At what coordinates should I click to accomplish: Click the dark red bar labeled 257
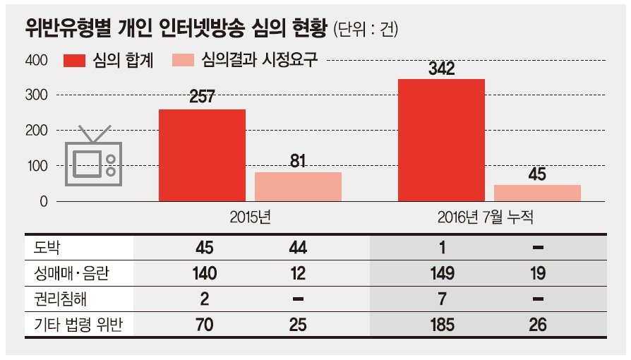pyautogui.click(x=202, y=155)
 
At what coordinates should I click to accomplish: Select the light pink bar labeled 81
pyautogui.click(x=298, y=187)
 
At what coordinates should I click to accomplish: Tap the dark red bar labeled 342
pyautogui.click(x=441, y=140)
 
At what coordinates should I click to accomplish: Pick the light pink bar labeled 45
pyautogui.click(x=537, y=193)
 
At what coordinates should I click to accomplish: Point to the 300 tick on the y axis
pyautogui.click(x=36, y=95)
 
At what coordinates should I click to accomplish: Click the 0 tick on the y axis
pyautogui.click(x=44, y=201)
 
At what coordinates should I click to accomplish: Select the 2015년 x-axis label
pyautogui.click(x=251, y=217)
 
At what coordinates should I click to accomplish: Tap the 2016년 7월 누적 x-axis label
pyautogui.click(x=486, y=217)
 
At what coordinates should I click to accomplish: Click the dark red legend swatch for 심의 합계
pyautogui.click(x=74, y=61)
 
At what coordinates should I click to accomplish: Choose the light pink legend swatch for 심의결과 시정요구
pyautogui.click(x=183, y=61)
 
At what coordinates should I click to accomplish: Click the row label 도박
pyautogui.click(x=47, y=247)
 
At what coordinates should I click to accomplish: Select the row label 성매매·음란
pyautogui.click(x=71, y=273)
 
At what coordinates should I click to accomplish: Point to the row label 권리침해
pyautogui.click(x=60, y=299)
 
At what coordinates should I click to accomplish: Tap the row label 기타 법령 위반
pyautogui.click(x=78, y=325)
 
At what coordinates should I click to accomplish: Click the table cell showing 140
pyautogui.click(x=205, y=273)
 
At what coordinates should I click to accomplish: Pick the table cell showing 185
pyautogui.click(x=442, y=325)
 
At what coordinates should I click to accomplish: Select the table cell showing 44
pyautogui.click(x=298, y=247)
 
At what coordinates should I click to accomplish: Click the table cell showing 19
pyautogui.click(x=538, y=273)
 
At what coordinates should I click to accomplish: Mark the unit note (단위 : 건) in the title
pyautogui.click(x=366, y=29)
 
